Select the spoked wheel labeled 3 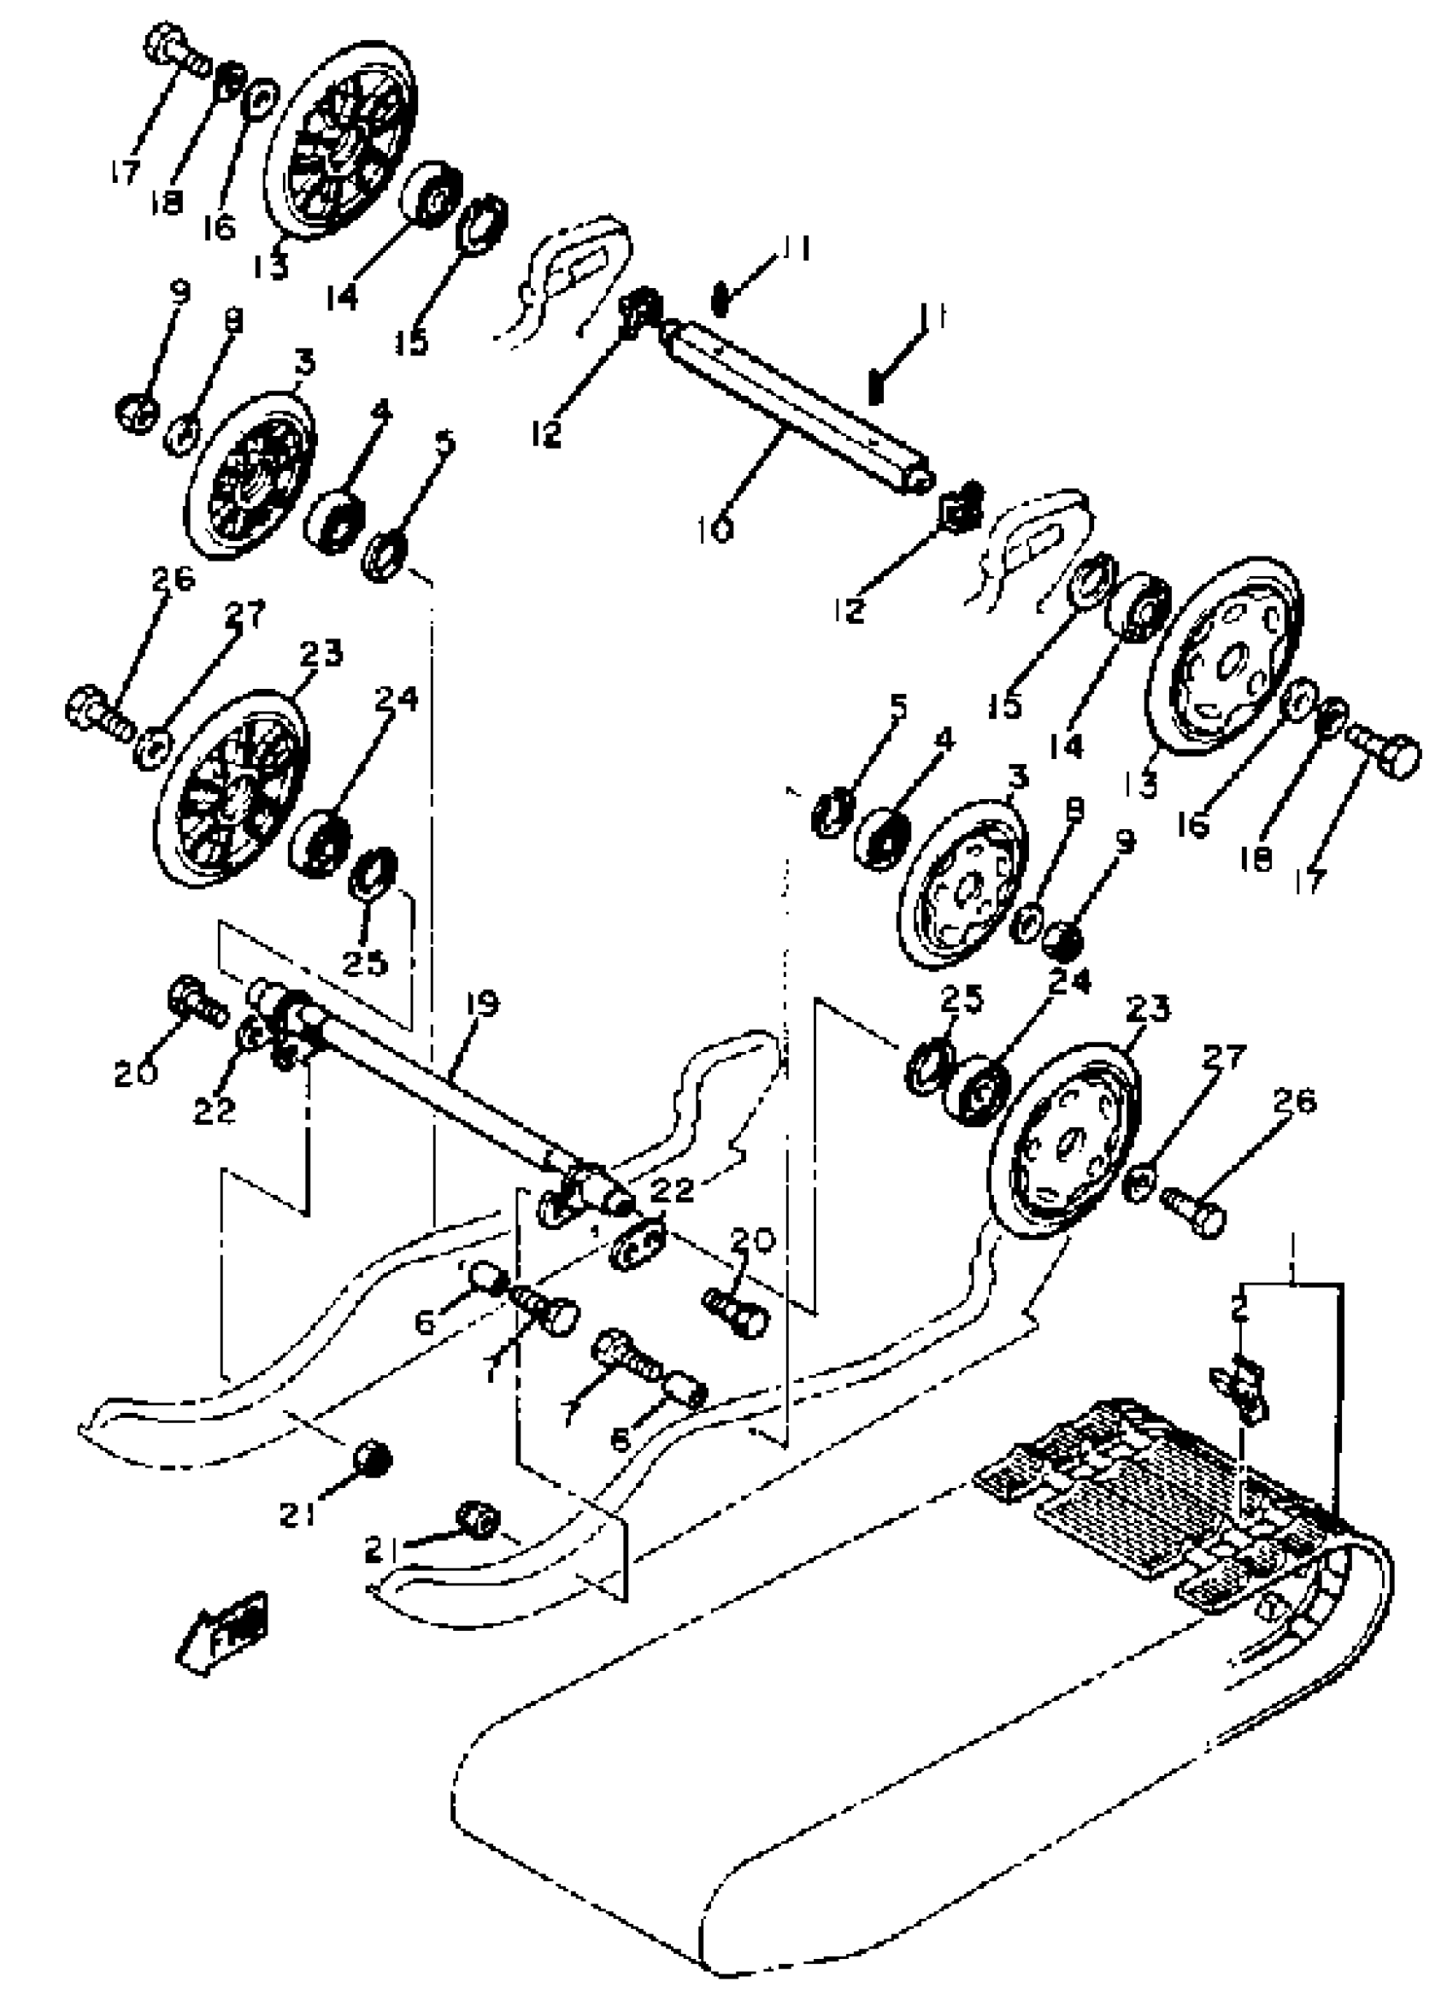click(x=250, y=477)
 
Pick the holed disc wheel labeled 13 click(x=1225, y=656)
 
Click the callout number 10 click(x=716, y=531)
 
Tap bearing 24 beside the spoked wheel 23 click(x=320, y=844)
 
